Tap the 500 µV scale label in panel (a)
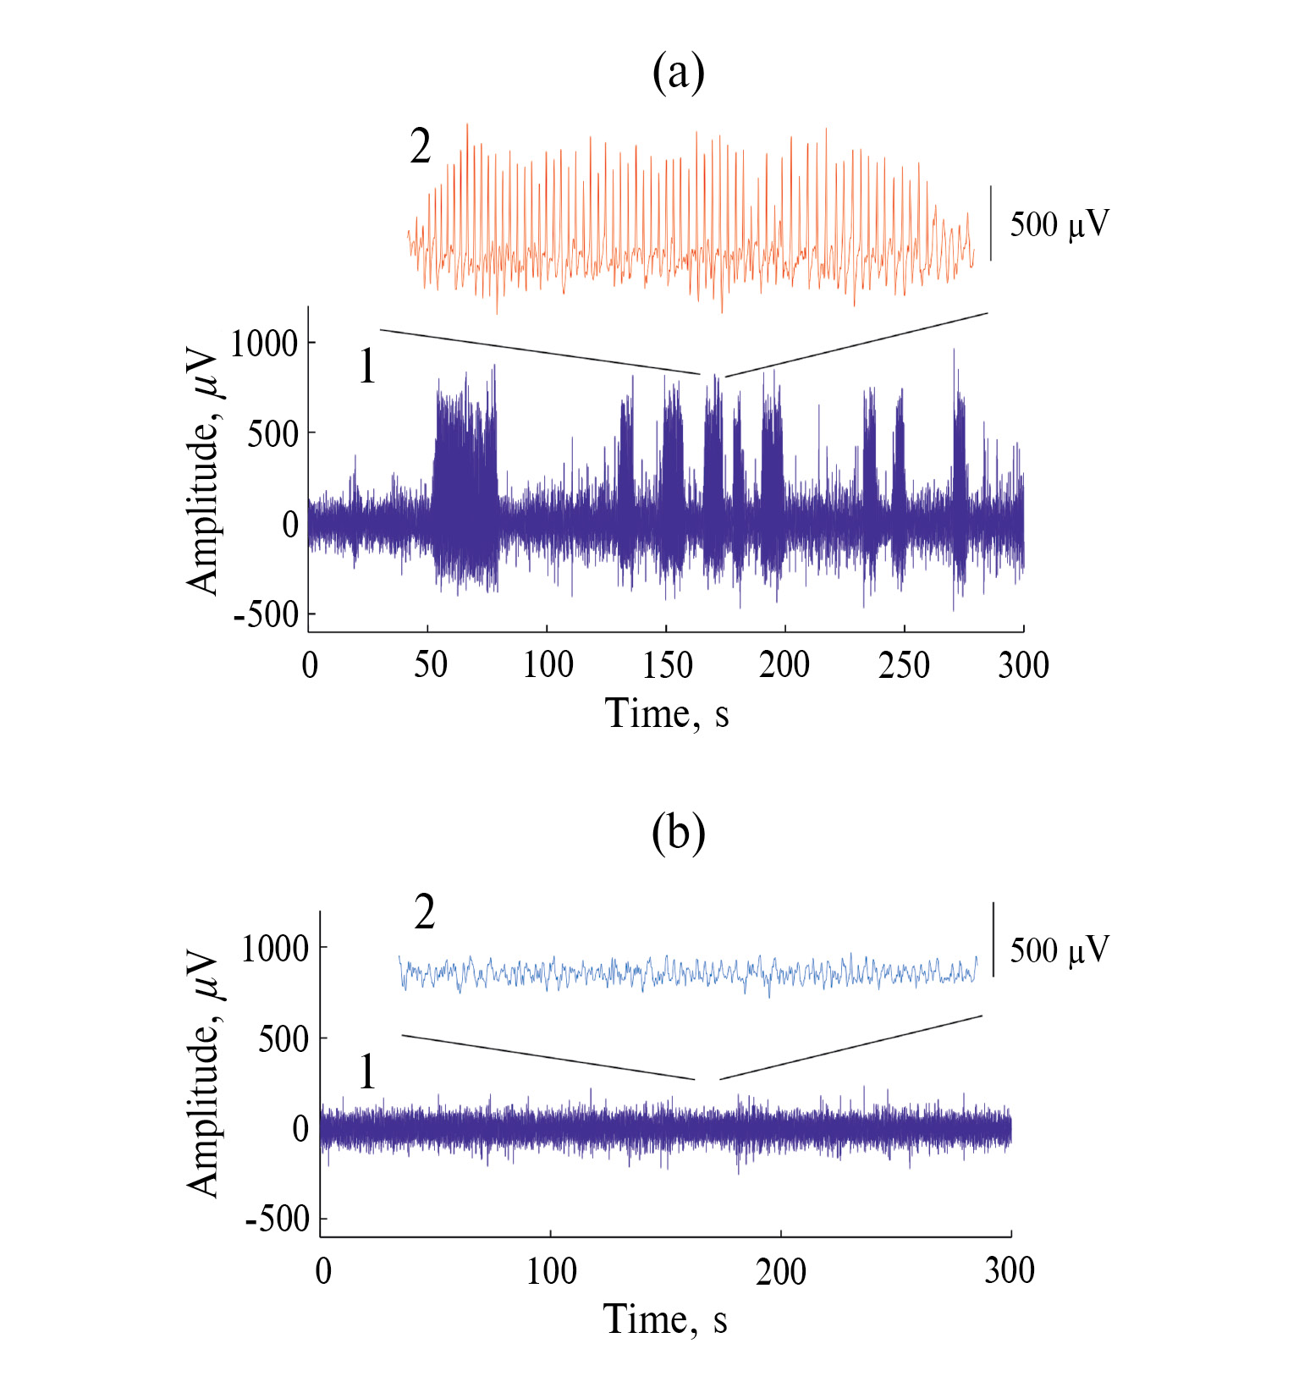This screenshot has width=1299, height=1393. point(1059,224)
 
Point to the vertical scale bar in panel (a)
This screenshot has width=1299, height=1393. point(991,223)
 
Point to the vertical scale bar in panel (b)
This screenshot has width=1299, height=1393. point(994,939)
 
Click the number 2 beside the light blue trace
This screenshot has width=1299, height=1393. point(424,913)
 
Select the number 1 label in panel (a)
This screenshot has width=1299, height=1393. point(367,367)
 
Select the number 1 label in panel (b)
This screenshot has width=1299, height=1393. point(367,1072)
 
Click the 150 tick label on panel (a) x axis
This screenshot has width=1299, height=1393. point(667,666)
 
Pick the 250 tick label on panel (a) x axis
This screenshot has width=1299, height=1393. point(904,666)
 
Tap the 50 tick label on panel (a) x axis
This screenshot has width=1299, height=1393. point(430,666)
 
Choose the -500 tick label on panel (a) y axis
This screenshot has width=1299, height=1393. point(267,615)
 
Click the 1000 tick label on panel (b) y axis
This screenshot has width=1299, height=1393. point(275,949)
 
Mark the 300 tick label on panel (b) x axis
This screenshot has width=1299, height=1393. point(1010,1271)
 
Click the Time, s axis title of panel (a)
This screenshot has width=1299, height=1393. point(666,713)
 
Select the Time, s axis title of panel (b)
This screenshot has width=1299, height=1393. point(665,1319)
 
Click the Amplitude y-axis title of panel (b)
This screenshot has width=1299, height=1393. point(203,1075)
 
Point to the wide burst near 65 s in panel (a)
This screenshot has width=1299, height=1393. point(465,482)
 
